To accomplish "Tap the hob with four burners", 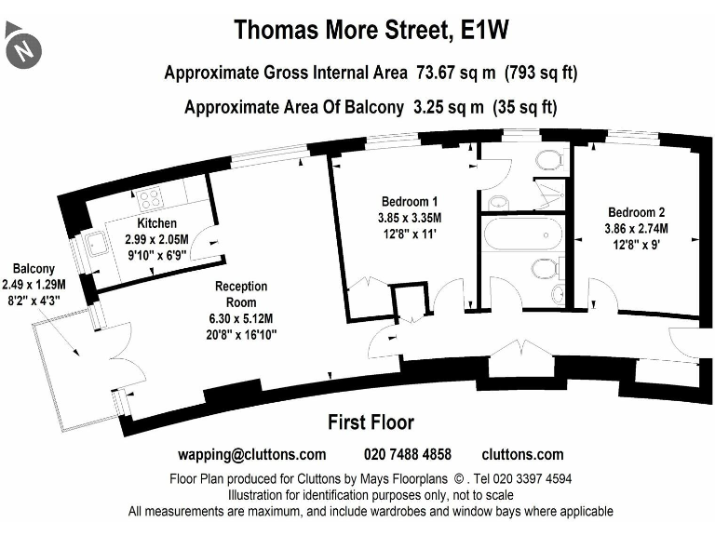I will pos(149,198).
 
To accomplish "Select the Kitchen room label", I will pos(156,224).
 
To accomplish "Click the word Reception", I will pos(241,287).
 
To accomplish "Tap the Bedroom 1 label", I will pos(410,202).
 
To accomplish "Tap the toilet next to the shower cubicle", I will pos(549,160).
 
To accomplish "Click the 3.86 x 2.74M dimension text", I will pos(637,229).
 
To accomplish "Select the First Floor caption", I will pos(371,423).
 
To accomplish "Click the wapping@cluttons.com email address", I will pos(251,455).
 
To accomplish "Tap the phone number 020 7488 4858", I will pos(407,455).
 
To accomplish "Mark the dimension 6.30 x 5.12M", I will pos(241,318).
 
